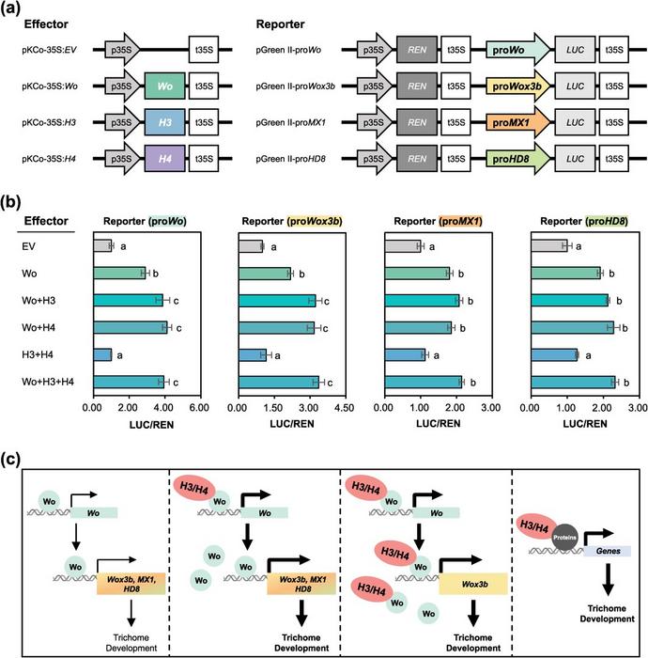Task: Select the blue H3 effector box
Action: [x=164, y=124]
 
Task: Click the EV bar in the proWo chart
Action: [x=102, y=245]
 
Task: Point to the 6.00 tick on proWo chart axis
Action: [x=198, y=410]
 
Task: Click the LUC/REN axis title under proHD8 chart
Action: [x=583, y=424]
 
